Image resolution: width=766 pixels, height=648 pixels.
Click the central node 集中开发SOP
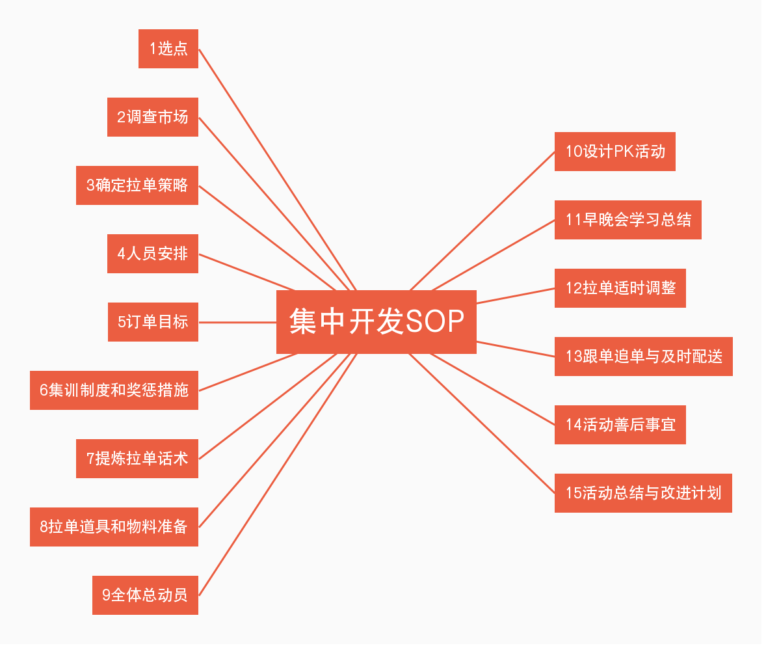tap(376, 321)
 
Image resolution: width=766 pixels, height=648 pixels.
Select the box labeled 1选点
tap(168, 49)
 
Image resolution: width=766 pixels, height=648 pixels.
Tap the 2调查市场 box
tap(153, 117)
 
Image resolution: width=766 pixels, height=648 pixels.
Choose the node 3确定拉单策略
tap(137, 185)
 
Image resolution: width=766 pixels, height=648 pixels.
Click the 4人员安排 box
tap(153, 254)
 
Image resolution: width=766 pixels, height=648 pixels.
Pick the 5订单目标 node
tap(153, 322)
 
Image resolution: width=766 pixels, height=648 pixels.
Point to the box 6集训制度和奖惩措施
tap(114, 390)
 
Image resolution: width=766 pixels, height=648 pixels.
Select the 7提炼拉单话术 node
tap(137, 459)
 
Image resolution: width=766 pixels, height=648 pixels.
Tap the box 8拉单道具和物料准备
tap(114, 527)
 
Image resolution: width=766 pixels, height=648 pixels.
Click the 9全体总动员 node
tap(145, 595)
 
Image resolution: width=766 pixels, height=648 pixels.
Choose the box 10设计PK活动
tap(614, 152)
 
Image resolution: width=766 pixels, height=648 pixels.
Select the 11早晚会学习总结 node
tap(627, 220)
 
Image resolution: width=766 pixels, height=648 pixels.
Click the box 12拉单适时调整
tap(620, 288)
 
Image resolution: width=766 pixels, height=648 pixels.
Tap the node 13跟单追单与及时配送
tap(643, 357)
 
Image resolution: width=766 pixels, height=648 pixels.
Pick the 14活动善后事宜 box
tap(620, 425)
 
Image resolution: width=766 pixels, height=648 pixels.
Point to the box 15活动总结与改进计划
tap(643, 493)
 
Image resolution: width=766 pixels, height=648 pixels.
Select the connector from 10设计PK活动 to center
tap(482, 221)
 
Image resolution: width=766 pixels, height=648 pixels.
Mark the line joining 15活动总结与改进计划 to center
tap(482, 424)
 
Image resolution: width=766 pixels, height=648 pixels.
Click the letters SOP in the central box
tap(435, 321)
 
